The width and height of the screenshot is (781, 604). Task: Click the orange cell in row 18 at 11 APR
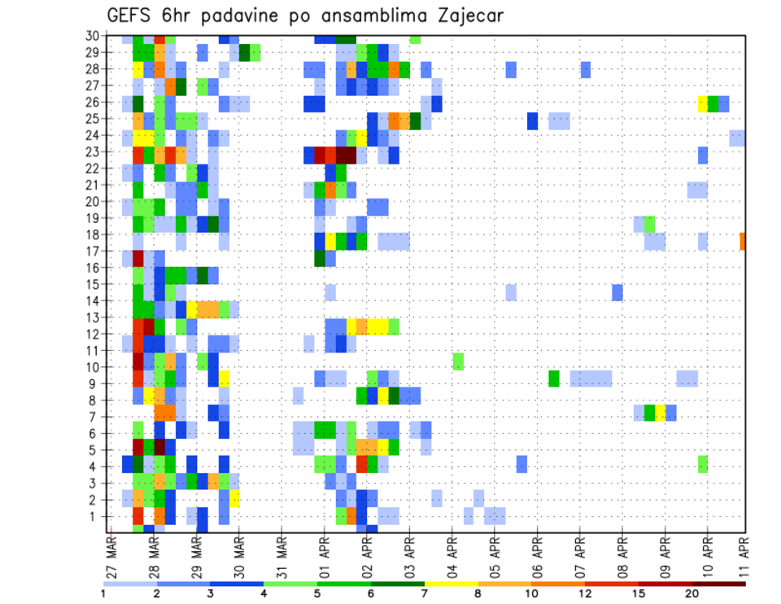tap(743, 241)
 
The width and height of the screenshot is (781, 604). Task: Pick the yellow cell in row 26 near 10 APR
tap(703, 103)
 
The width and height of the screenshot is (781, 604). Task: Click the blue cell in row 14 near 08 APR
tap(617, 292)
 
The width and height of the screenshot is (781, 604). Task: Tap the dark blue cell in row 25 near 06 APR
tap(532, 120)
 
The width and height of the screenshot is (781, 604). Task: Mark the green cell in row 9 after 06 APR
tap(554, 378)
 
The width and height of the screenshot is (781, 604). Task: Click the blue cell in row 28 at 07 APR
tap(586, 69)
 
